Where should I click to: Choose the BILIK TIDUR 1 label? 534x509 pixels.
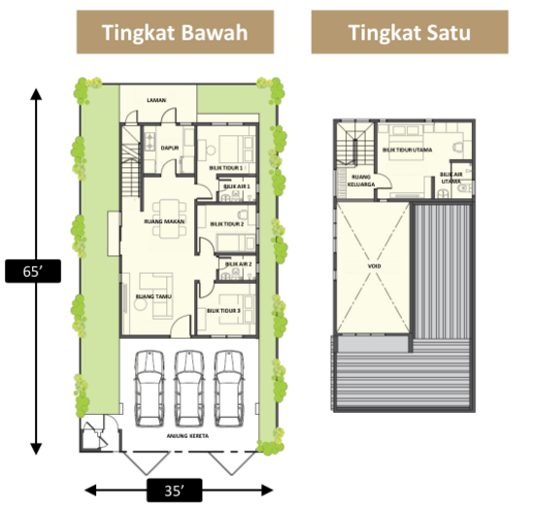(x=225, y=167)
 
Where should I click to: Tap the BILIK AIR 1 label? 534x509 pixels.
(x=237, y=187)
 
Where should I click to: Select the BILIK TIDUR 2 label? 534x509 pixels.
(x=226, y=224)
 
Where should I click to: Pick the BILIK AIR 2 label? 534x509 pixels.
(x=238, y=263)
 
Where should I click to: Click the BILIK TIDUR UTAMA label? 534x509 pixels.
(x=407, y=150)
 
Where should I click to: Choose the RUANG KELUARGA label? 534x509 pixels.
(x=361, y=181)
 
